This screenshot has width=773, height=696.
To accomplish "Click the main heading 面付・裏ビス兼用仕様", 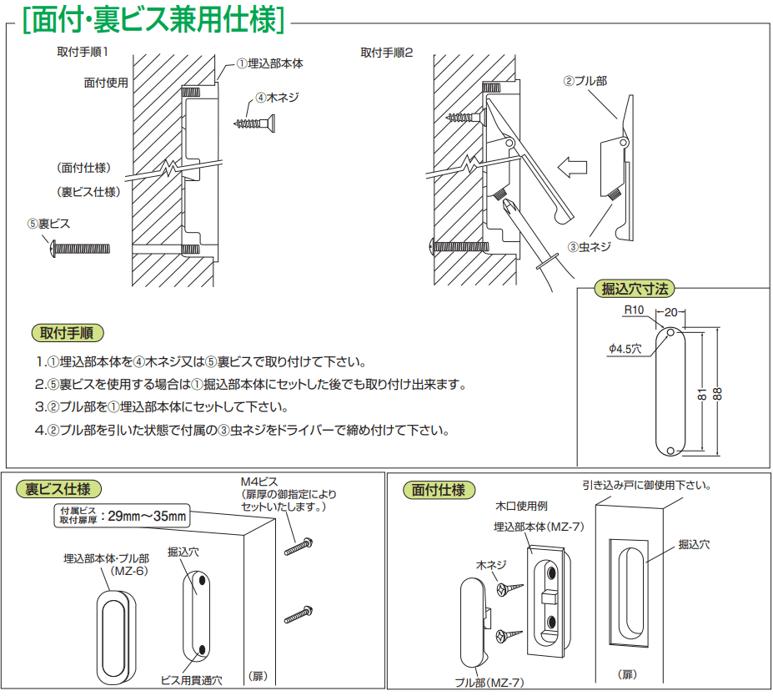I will click(x=154, y=21).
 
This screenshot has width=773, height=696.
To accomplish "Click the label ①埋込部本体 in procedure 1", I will click(x=268, y=63).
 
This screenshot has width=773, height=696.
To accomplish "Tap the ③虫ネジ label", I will click(x=590, y=247).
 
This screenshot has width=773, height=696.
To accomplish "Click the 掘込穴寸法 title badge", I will click(x=635, y=290).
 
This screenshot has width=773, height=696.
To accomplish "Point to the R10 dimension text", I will click(x=635, y=310).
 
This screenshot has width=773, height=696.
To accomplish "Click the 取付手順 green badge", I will click(x=68, y=332).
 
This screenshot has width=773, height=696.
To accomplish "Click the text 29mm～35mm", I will click(x=148, y=516).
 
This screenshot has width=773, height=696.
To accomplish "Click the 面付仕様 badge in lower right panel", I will click(x=439, y=490).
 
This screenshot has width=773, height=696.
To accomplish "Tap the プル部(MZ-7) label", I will click(x=489, y=682).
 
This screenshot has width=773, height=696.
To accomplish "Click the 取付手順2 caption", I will click(x=386, y=53).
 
